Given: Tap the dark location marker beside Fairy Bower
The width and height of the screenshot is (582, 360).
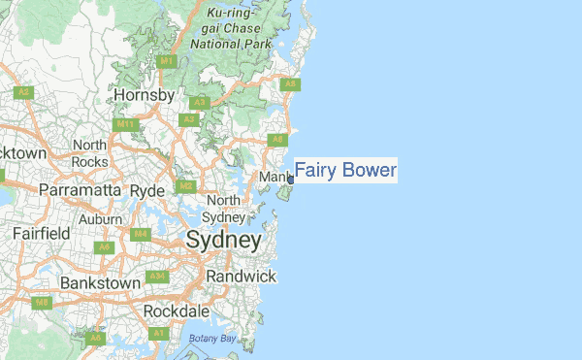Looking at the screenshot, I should point(290,180).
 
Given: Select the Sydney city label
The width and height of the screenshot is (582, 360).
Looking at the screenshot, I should point(223,240).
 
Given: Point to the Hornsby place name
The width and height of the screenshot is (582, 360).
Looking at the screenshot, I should point(144,95).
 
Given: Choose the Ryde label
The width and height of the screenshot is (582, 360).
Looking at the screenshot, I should point(147,190).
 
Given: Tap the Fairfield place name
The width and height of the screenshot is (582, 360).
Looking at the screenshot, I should point(41,234).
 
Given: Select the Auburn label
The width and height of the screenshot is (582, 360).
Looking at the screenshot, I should point(100,219).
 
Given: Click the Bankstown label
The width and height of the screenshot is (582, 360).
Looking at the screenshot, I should point(100,282).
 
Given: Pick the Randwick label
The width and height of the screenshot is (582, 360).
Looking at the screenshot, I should point(240,277).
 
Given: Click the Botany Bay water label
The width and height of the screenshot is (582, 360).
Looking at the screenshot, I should point(212,338).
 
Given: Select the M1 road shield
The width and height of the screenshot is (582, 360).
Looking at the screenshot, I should point(167,62).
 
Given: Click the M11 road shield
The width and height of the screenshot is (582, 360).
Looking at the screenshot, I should point(125,124).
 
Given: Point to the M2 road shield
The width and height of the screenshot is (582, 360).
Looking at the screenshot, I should point(183,186).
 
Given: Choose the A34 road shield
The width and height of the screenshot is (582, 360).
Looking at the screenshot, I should point(158,277).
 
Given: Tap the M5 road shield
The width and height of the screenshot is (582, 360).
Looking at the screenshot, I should point(42,303).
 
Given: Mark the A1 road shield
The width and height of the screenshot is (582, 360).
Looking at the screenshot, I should point(158,333).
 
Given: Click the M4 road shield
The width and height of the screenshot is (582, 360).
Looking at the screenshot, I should point(141,234).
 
